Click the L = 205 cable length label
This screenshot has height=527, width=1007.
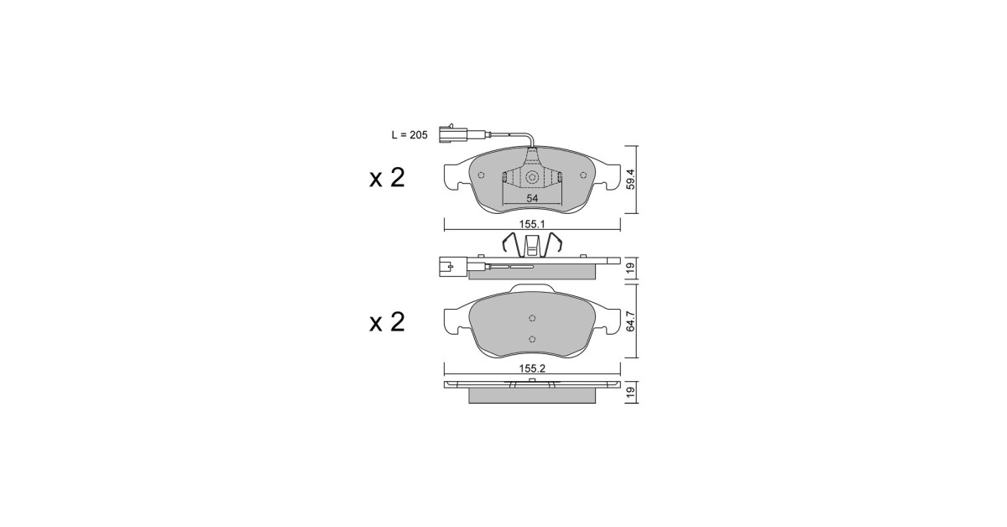(410, 135)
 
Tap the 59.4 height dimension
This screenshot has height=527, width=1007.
(631, 179)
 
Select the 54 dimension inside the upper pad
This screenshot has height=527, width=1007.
(532, 198)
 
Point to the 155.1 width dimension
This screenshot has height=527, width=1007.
(532, 224)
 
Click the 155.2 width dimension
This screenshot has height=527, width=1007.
(532, 368)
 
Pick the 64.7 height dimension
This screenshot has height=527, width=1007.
(631, 321)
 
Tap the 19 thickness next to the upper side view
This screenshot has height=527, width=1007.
(631, 268)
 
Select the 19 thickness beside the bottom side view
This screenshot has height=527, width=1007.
(631, 392)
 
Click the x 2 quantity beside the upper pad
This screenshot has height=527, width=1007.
(387, 178)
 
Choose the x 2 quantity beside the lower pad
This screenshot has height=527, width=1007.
(387, 322)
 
